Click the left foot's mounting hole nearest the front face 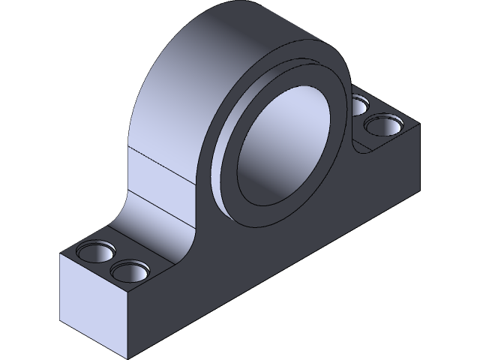click(x=129, y=270)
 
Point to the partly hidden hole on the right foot click(x=359, y=104)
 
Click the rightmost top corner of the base click(x=418, y=123)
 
